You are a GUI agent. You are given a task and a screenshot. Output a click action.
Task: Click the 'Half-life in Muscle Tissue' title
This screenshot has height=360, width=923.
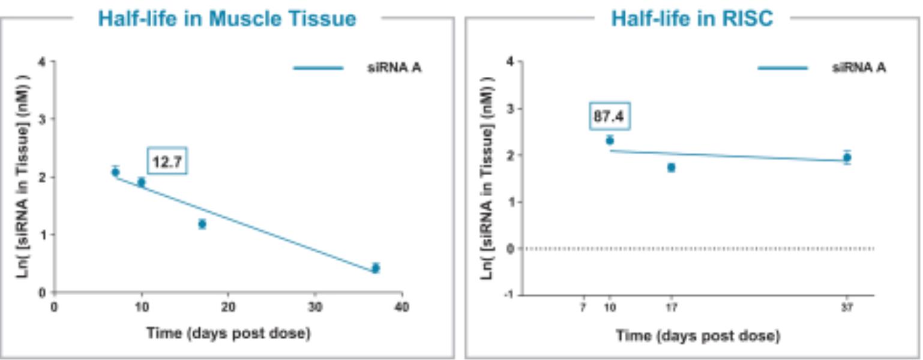coord(227,19)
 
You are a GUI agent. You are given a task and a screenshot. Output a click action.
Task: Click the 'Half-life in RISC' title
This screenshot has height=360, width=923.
coord(692,19)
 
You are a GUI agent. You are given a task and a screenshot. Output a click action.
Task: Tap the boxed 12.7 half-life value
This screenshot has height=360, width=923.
coord(167,161)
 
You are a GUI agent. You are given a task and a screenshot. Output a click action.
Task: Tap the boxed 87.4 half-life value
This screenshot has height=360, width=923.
coord(609,116)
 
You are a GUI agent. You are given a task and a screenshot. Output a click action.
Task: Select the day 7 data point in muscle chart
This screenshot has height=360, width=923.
coord(115,172)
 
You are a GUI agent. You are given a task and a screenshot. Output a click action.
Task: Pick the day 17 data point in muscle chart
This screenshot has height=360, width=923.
coord(202,224)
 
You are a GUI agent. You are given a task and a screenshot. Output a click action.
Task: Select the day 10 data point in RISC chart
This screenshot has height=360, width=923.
coord(610,141)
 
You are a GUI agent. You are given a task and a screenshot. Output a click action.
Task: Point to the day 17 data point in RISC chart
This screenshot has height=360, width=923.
coord(671,167)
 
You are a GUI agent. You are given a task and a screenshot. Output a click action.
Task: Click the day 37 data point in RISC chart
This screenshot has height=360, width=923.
coord(847,158)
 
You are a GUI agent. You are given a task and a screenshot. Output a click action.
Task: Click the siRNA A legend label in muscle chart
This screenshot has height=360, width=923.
coord(394,68)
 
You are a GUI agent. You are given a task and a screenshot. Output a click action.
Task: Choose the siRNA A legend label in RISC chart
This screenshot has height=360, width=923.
coord(859,68)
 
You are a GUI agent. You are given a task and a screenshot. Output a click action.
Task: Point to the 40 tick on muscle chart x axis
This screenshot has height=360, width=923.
coord(402,308)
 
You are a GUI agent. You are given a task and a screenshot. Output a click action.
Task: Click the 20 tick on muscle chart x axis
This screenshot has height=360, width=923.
coord(228,308)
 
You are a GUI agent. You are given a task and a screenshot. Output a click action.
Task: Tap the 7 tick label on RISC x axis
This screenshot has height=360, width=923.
coord(582,308)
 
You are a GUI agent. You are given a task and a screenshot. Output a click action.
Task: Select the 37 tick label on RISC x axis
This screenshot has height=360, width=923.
coord(847,308)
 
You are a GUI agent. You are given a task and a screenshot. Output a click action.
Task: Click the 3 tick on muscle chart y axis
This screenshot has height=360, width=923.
coord(41,119)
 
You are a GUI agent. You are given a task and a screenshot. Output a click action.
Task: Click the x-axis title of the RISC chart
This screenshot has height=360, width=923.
coord(698,336)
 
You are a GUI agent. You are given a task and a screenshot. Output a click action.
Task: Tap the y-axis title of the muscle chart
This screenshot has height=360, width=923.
coord(23,176)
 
